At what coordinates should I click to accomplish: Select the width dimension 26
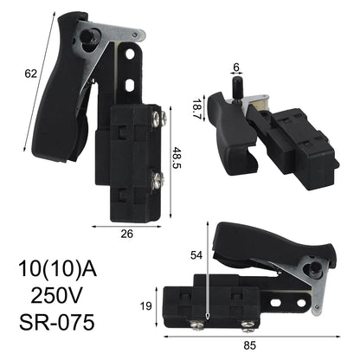click(x=125, y=233)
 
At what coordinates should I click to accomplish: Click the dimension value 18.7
click(x=197, y=108)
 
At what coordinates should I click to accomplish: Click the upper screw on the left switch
click(x=157, y=116)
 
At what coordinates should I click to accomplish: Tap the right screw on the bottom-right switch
click(x=249, y=326)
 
